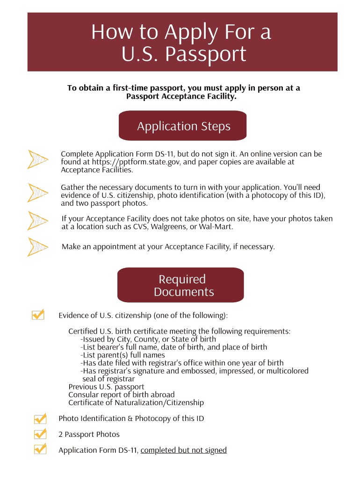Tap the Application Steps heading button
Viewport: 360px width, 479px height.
183,126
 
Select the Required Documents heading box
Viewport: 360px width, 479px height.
180,285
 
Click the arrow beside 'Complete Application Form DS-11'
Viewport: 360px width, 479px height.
38,160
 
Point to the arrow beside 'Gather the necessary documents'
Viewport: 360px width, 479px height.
38,193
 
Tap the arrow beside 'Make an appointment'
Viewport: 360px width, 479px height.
38,247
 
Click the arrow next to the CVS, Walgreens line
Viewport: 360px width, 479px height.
38,220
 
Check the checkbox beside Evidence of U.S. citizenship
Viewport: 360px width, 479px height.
38,314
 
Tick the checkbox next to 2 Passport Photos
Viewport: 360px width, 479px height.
40,434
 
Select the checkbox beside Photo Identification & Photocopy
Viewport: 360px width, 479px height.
40,418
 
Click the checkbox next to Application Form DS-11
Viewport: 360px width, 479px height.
40,449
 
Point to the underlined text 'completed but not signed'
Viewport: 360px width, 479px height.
183,450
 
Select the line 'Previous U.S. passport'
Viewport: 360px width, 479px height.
106,387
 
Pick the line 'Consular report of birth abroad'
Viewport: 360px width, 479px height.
121,395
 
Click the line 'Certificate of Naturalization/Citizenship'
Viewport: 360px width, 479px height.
136,403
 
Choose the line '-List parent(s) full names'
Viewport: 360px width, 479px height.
122,355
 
